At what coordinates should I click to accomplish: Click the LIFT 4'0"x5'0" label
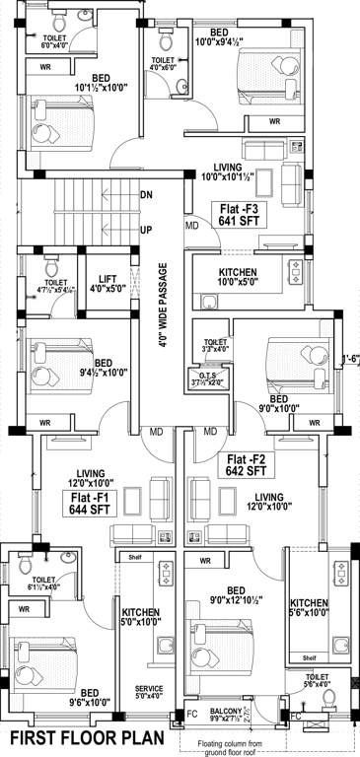[x=104, y=284]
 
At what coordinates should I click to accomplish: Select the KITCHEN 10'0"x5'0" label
[x=237, y=276]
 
